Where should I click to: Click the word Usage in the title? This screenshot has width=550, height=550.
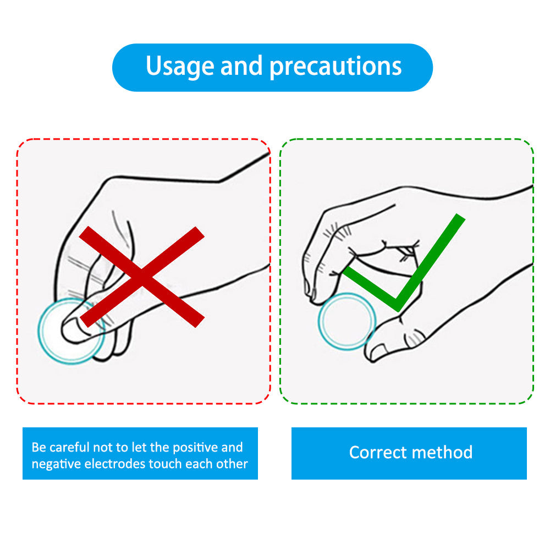[x=180, y=67]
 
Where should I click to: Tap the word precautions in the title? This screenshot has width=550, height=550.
[x=335, y=67]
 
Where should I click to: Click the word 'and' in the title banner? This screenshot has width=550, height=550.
[x=241, y=65]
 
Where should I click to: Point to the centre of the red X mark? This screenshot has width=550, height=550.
[x=142, y=277]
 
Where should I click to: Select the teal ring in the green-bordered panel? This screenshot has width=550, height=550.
[x=321, y=321]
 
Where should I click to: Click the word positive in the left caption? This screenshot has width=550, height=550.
[x=195, y=448]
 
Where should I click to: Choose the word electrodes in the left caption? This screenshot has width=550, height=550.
[x=115, y=464]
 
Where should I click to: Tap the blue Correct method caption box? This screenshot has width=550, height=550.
[x=409, y=453]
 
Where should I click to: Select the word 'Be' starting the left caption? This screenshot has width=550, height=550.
[x=39, y=447]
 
